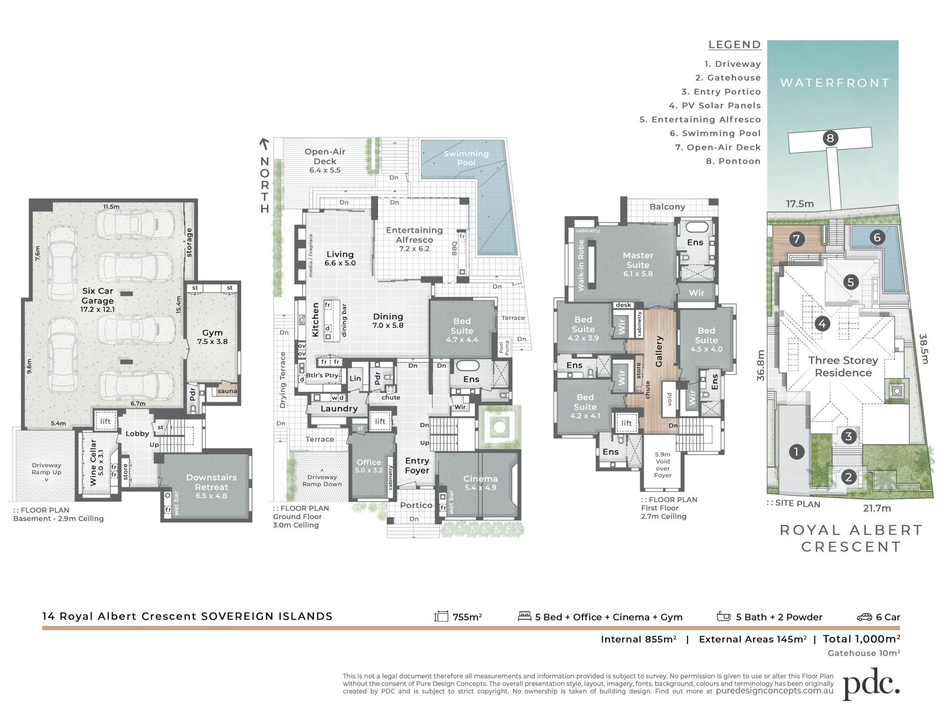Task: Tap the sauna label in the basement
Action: (227, 391)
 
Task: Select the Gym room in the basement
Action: (212, 336)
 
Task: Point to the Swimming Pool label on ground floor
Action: (466, 158)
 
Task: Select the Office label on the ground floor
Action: (369, 462)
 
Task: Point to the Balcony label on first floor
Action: (667, 207)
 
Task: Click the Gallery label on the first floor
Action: (659, 351)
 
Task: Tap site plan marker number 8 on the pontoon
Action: (830, 138)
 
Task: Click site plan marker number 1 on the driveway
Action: (796, 451)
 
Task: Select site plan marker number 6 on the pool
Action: (877, 237)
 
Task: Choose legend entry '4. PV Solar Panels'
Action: (715, 105)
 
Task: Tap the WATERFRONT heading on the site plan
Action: (835, 83)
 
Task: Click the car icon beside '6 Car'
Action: (864, 617)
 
